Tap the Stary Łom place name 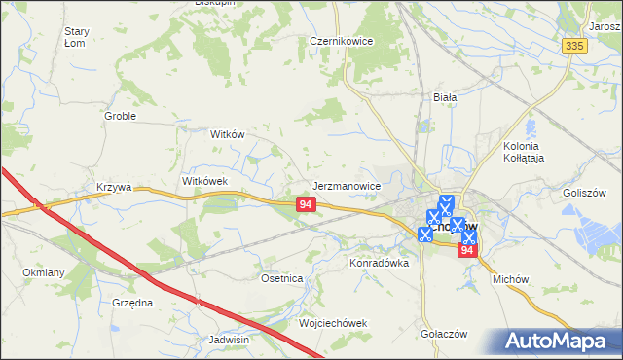76,37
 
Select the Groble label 120,116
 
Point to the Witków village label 227,135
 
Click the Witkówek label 204,181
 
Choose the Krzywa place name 113,186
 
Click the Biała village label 445,97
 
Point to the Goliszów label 585,193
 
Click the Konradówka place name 379,263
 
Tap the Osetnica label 282,278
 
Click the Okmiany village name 43,272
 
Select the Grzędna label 132,303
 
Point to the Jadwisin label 230,340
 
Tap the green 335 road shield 574,46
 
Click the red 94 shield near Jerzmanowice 306,204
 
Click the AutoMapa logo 559,342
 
